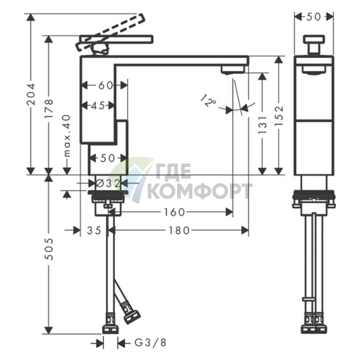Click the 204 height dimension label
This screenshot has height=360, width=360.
[x=31, y=94]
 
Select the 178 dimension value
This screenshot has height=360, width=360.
[x=49, y=108]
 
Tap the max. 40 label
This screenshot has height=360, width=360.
[x=67, y=136]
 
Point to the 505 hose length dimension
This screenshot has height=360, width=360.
[x=49, y=249]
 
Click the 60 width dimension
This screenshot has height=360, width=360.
[x=106, y=85]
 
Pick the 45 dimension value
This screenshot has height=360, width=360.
[x=98, y=105]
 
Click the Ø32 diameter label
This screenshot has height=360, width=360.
[x=108, y=184]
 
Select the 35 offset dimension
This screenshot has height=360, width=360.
[x=94, y=230]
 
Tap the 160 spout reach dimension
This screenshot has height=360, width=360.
[x=174, y=212]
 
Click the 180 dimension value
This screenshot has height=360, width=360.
[x=179, y=230]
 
